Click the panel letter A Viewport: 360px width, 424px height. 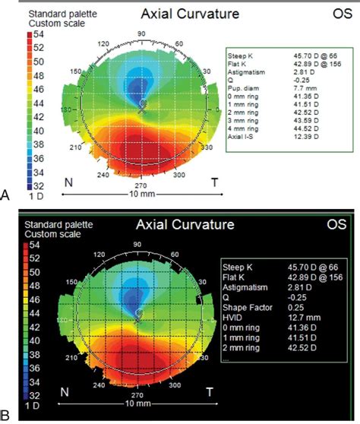click(x=6, y=195)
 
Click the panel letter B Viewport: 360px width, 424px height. click(x=6, y=415)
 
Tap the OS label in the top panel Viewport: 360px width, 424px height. click(x=341, y=13)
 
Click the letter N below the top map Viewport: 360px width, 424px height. click(x=68, y=182)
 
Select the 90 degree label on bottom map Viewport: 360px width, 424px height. click(x=137, y=244)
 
